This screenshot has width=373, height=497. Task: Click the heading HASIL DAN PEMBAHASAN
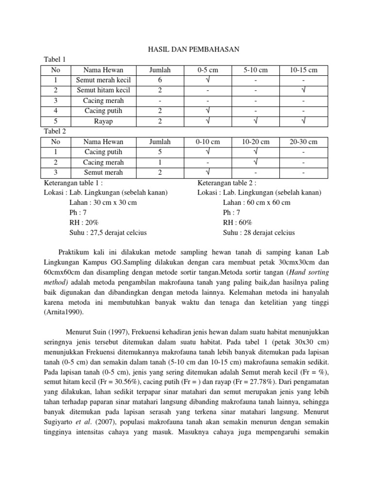(186, 50)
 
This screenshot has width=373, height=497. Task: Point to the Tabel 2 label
(54, 132)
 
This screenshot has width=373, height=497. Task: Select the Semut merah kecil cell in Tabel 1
(103, 80)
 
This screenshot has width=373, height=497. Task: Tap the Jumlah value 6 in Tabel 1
(160, 80)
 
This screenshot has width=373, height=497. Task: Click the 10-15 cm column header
(304, 70)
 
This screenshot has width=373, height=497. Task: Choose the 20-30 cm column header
(304, 142)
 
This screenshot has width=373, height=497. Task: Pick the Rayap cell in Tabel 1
(103, 121)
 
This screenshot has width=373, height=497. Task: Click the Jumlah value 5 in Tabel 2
(160, 152)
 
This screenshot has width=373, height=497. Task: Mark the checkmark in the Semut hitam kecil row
(304, 90)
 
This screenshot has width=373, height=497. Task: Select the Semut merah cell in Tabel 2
(103, 172)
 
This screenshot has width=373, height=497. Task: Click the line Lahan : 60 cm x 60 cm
(256, 202)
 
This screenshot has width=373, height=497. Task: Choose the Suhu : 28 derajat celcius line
(259, 232)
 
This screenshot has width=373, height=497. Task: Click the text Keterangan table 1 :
(73, 182)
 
